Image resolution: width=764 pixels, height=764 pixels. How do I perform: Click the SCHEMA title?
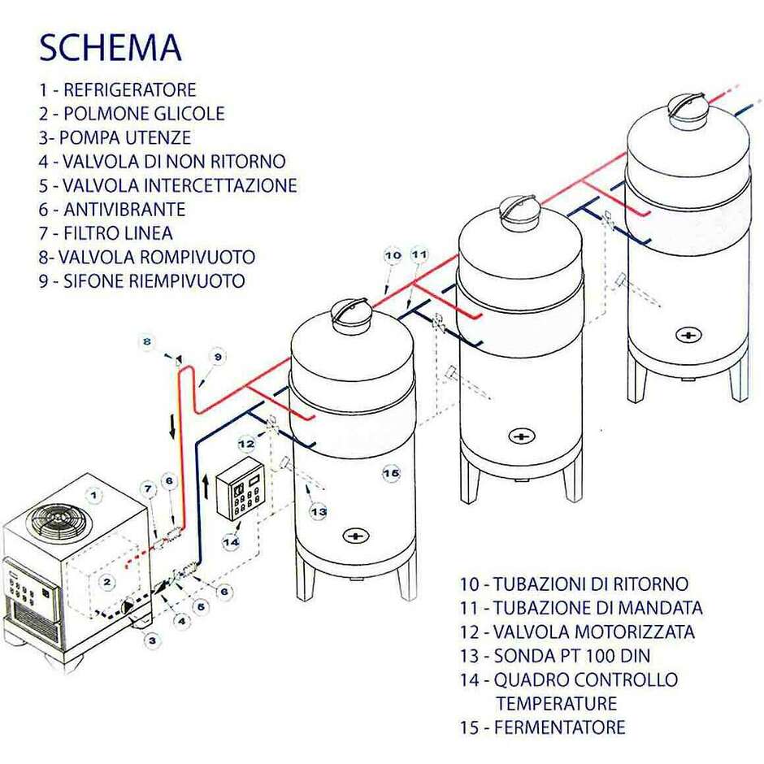pos(111,48)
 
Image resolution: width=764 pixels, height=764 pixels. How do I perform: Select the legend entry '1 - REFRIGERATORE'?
pos(118,89)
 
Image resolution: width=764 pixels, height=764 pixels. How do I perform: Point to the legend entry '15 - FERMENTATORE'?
pos(543,727)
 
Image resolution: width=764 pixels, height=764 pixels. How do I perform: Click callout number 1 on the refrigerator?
pos(95,493)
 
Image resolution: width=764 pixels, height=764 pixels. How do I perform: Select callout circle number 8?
pos(147,342)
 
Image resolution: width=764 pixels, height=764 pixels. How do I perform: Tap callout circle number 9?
pos(217,356)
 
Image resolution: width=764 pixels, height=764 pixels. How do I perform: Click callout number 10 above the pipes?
pos(393,255)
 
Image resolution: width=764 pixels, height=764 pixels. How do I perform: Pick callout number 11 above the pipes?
pos(419,255)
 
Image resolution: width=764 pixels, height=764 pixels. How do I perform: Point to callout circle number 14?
pos(232,540)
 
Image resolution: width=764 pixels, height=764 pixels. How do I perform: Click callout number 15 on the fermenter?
pos(391,472)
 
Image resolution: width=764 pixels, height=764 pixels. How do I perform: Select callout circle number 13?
pos(319,511)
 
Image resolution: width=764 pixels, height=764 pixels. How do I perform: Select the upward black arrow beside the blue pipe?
pos(206,488)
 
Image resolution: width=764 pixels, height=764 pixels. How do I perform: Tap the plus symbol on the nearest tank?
pos(354,536)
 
